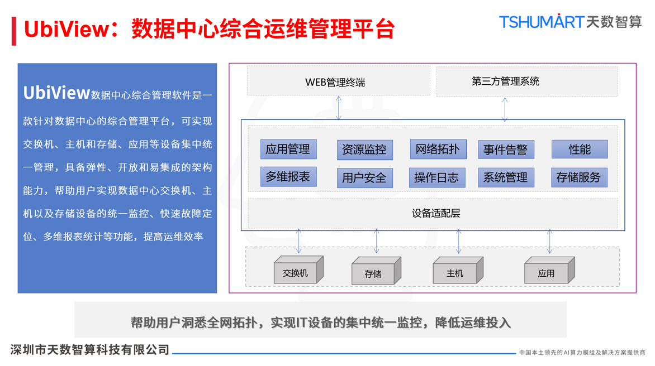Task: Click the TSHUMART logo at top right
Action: (570, 22)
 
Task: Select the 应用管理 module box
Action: (288, 149)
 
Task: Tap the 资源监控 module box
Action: (364, 150)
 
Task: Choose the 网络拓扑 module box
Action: (438, 149)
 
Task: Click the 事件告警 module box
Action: (506, 150)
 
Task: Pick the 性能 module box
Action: (580, 149)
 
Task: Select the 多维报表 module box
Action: (288, 177)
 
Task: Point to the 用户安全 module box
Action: (364, 178)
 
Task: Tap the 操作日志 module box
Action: (436, 177)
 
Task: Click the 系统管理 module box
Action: (506, 177)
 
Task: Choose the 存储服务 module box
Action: (579, 177)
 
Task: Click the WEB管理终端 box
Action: (338, 81)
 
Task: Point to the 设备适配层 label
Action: (436, 213)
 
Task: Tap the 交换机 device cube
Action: (296, 272)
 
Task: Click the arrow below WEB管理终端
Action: (339, 108)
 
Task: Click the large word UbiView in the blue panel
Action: (56, 93)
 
